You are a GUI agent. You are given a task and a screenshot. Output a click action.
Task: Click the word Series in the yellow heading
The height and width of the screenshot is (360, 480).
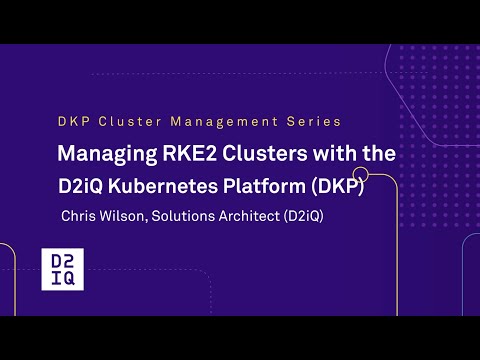[316, 121]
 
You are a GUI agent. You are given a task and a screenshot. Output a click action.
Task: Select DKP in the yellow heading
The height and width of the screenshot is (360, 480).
[73, 121]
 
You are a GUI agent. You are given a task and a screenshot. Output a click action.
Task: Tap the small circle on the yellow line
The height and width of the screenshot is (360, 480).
[361, 177]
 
